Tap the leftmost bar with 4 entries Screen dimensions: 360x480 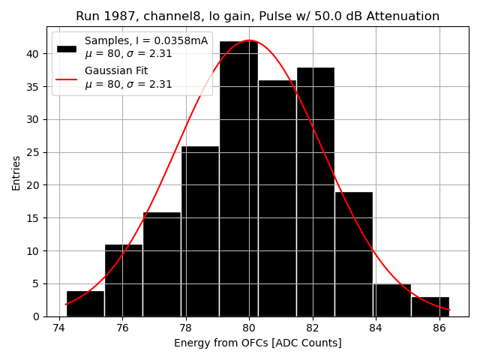(85, 304)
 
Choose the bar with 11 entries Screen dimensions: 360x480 (123, 280)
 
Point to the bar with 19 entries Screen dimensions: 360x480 (353, 254)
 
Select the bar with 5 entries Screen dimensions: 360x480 (391, 300)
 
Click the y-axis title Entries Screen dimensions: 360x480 (16, 172)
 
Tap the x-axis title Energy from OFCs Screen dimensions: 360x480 (257, 343)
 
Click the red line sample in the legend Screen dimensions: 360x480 (66, 79)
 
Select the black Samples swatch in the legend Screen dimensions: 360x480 (66, 48)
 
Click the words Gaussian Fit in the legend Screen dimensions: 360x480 (116, 70)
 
